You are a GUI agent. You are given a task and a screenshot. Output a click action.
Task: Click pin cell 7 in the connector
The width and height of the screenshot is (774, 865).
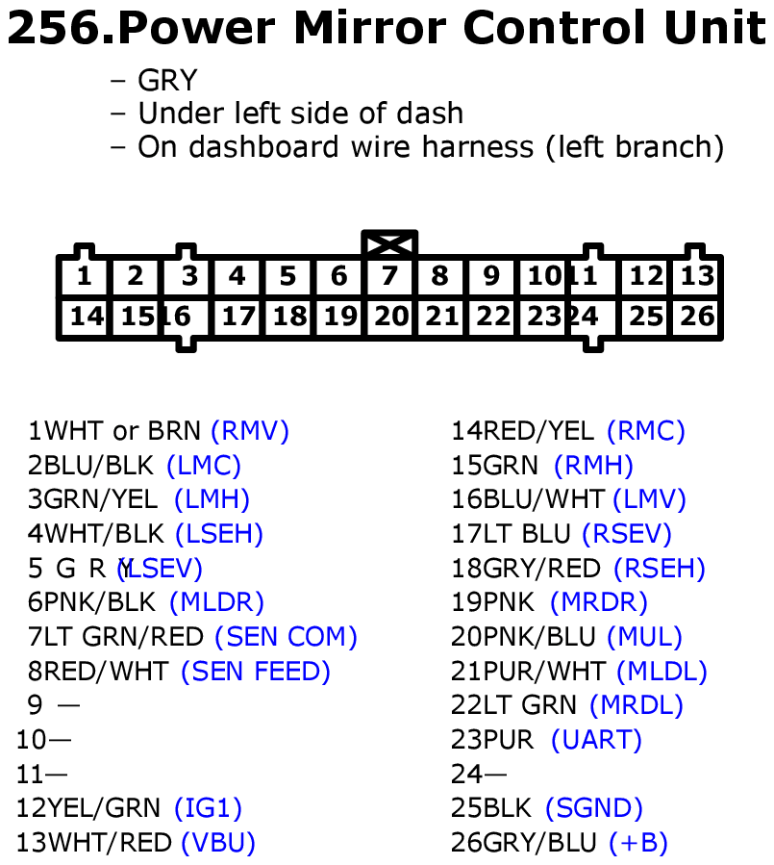pos(389,277)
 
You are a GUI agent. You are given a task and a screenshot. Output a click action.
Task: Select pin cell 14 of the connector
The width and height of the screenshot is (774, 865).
pos(87,317)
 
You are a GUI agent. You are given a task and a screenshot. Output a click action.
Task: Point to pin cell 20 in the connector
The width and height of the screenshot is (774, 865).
pos(390,317)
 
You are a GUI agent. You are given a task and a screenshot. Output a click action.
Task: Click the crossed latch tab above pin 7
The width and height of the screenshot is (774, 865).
pos(389,243)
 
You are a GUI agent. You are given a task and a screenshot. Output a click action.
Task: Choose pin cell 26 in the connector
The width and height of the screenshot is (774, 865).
pos(697,317)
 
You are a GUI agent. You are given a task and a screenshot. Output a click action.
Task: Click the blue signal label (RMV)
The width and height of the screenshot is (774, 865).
pos(250,430)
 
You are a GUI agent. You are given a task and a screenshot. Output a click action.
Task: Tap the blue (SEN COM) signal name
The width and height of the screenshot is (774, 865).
pos(286,637)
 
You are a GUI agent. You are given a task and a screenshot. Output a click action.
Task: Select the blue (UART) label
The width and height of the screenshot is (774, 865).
pos(596,740)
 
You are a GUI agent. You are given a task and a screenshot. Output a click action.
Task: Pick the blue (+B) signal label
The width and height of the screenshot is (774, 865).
pos(638,843)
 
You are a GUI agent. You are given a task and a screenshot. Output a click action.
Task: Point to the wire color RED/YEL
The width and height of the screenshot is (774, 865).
pos(538,430)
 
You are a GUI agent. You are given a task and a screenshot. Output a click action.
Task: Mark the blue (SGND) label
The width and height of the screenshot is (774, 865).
pos(593,808)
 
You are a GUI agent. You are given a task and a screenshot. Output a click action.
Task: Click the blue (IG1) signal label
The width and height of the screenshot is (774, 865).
pos(208,808)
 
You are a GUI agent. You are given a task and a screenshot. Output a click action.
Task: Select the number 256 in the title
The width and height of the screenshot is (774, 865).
pos(53,30)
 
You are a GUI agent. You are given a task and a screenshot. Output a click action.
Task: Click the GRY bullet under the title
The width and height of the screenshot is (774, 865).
pos(167,81)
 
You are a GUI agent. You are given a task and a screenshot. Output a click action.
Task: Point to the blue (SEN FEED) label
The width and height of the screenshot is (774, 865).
pos(256,672)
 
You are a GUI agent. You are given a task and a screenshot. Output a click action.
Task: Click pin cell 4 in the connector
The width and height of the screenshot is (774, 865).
pos(237,277)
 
